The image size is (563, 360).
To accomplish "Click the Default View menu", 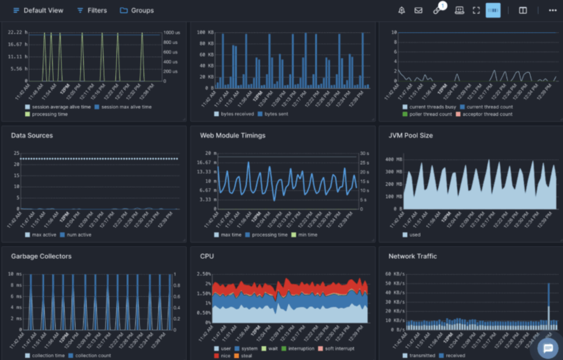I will coord(38,10).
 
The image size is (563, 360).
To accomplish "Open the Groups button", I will coord(137,10).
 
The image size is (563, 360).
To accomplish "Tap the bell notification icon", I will coord(402,10).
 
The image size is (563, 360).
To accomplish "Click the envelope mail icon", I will coord(418,10).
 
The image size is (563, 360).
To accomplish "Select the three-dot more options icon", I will coord(553,10).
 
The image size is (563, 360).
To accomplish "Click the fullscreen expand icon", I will coord(476,10).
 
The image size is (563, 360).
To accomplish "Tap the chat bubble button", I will coord(548,348).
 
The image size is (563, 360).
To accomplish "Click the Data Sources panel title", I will coord(32,135).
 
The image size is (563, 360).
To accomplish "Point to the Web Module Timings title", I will coord(233,135).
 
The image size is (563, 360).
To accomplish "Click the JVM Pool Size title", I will coord(410,135).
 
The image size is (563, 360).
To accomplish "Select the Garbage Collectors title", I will coord(41,256).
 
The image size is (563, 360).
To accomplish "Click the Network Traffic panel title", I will coord(412,256).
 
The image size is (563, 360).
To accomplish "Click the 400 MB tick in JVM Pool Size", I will coord(394,159).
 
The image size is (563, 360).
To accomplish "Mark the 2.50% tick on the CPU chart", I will coord(204,274).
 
